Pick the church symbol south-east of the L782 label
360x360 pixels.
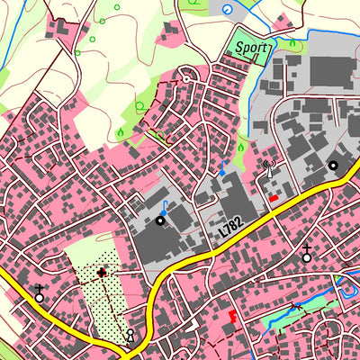pyautogui.click(x=307, y=253)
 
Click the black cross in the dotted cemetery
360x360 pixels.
pyautogui.click(x=101, y=271)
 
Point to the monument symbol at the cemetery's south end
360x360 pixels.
pyautogui.click(x=130, y=336)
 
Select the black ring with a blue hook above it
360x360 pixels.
pyautogui.click(x=161, y=219)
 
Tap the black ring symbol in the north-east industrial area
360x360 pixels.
pyautogui.click(x=333, y=166)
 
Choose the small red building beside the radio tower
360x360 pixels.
pyautogui.click(x=274, y=197)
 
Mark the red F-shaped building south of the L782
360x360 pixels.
pyautogui.click(x=233, y=317)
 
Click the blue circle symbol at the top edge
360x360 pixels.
pyautogui.click(x=226, y=8)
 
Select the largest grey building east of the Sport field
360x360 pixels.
pyautogui.click(x=327, y=72)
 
